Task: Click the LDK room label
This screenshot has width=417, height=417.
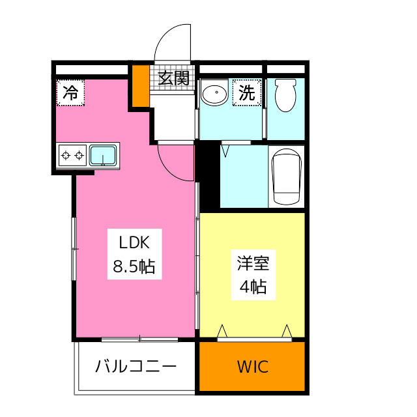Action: click(x=134, y=244)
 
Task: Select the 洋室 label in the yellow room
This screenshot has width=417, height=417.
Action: click(x=252, y=264)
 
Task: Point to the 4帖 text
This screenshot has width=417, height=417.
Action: click(x=252, y=286)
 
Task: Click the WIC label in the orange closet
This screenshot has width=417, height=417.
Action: click(x=252, y=367)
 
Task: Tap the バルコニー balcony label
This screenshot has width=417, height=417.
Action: click(x=136, y=366)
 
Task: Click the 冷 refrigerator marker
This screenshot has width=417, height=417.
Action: click(x=70, y=93)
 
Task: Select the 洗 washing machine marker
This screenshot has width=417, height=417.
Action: click(x=246, y=93)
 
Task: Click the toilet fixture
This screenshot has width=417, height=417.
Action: click(x=285, y=95)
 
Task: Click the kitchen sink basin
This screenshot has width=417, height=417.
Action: click(x=103, y=156)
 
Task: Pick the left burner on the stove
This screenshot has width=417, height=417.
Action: click(x=65, y=156)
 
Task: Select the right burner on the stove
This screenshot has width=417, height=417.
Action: click(x=79, y=156)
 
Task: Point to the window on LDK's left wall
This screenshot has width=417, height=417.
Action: click(x=74, y=248)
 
